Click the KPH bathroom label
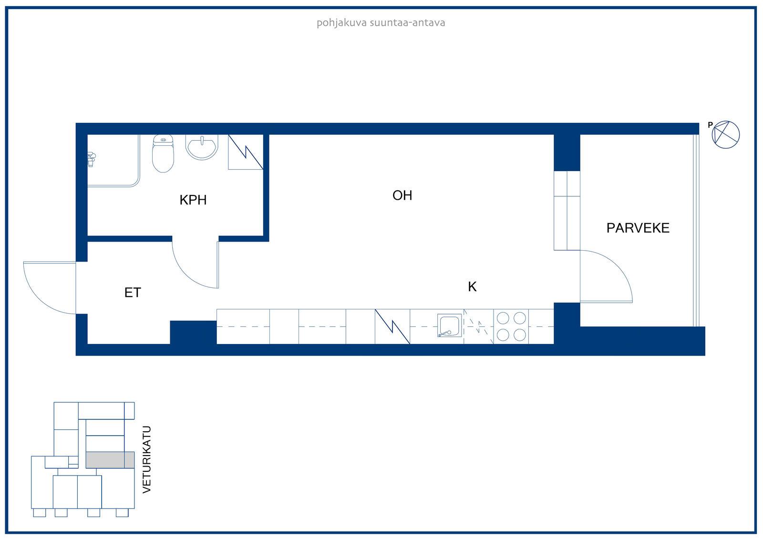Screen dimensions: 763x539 (x=193, y=200)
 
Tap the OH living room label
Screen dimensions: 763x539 (x=402, y=195)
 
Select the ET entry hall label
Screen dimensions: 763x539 (x=133, y=293)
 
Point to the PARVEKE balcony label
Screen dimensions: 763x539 (x=638, y=228)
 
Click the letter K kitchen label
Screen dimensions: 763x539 (x=472, y=287)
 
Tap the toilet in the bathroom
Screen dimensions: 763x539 (x=163, y=153)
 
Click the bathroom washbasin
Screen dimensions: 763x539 (x=202, y=147)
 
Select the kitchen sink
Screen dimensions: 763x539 (x=450, y=325)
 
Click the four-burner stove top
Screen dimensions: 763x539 (x=511, y=326)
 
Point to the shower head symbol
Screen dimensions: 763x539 (x=91, y=159)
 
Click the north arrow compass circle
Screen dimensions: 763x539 (x=725, y=134)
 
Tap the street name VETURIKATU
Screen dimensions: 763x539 (x=146, y=459)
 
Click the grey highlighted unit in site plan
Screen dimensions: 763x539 (x=110, y=460)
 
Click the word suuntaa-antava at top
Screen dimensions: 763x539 (x=407, y=23)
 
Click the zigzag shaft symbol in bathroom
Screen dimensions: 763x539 (x=246, y=152)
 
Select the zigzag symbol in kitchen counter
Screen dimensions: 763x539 (x=392, y=326)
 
